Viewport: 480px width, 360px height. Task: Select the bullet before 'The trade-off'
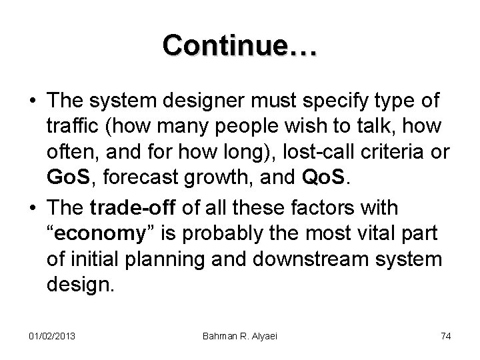(33, 209)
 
